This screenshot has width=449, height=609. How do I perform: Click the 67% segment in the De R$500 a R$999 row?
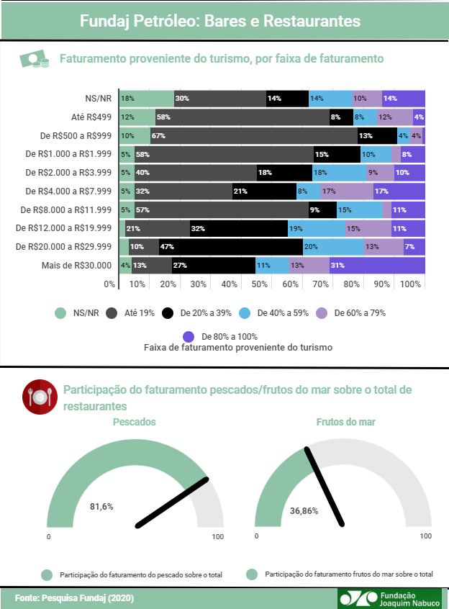point(253,135)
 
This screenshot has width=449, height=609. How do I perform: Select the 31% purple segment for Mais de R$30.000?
point(377,265)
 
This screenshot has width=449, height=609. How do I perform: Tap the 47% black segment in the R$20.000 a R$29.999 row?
point(231,246)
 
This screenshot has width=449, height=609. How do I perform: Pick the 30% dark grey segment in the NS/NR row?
point(220,98)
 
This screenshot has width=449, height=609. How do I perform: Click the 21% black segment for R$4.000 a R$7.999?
point(264,191)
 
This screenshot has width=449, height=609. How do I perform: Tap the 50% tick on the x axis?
point(260,284)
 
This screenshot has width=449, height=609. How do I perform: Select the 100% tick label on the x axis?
point(410,284)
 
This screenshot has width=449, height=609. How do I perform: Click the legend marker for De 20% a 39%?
point(168,313)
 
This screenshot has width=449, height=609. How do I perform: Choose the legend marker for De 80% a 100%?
point(189,336)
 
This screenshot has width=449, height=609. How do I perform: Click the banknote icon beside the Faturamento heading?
point(34,60)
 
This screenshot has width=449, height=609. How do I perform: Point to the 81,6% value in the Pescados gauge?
point(101,507)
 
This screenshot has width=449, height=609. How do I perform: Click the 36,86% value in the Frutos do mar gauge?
point(304,510)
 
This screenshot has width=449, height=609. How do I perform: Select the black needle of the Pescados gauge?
point(172,501)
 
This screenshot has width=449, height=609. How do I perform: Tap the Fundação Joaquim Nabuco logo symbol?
point(357,598)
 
